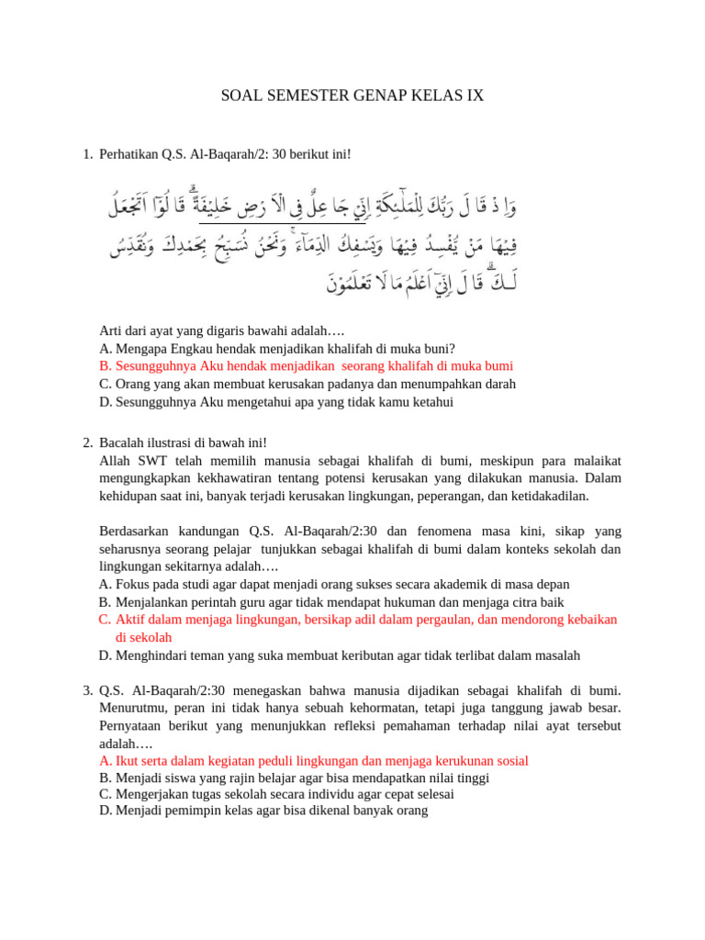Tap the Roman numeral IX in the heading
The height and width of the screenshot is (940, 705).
coord(473,95)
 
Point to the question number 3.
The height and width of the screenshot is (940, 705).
coord(87,689)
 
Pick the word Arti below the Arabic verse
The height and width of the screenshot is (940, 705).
coord(111,330)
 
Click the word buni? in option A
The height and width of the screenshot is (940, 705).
coord(437,348)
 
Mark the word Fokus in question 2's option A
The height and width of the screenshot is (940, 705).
coord(133,584)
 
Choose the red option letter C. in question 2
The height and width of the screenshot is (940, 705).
coord(105,620)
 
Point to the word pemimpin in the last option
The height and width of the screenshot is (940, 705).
coord(197,811)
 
